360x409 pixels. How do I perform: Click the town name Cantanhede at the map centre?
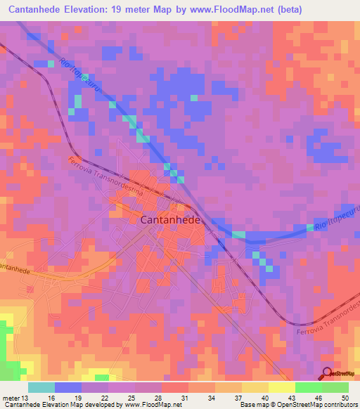coord(172,220)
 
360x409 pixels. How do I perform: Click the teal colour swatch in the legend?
coord(41,387)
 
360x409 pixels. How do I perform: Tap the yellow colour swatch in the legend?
coord(281,387)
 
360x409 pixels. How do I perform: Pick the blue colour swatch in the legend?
coord(68,387)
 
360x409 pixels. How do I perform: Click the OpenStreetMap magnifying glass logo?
coord(327,374)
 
